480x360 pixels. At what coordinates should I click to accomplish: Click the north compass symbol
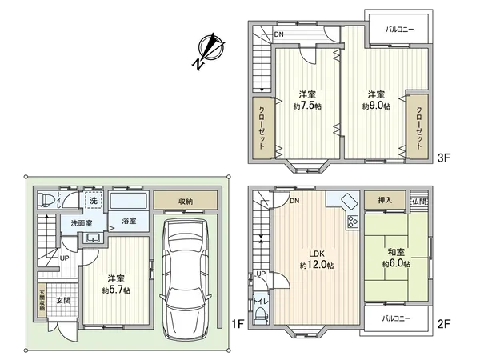pos(210,50)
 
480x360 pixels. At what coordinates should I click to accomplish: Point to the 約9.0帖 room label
pos(375,99)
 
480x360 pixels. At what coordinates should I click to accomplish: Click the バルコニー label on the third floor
pos(399,29)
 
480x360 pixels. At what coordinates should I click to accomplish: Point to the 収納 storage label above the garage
pos(186,202)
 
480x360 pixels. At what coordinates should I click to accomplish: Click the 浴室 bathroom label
pos(129,220)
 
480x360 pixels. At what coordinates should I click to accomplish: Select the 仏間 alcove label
pos(421,202)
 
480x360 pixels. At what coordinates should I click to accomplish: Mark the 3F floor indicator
pos(444,158)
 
